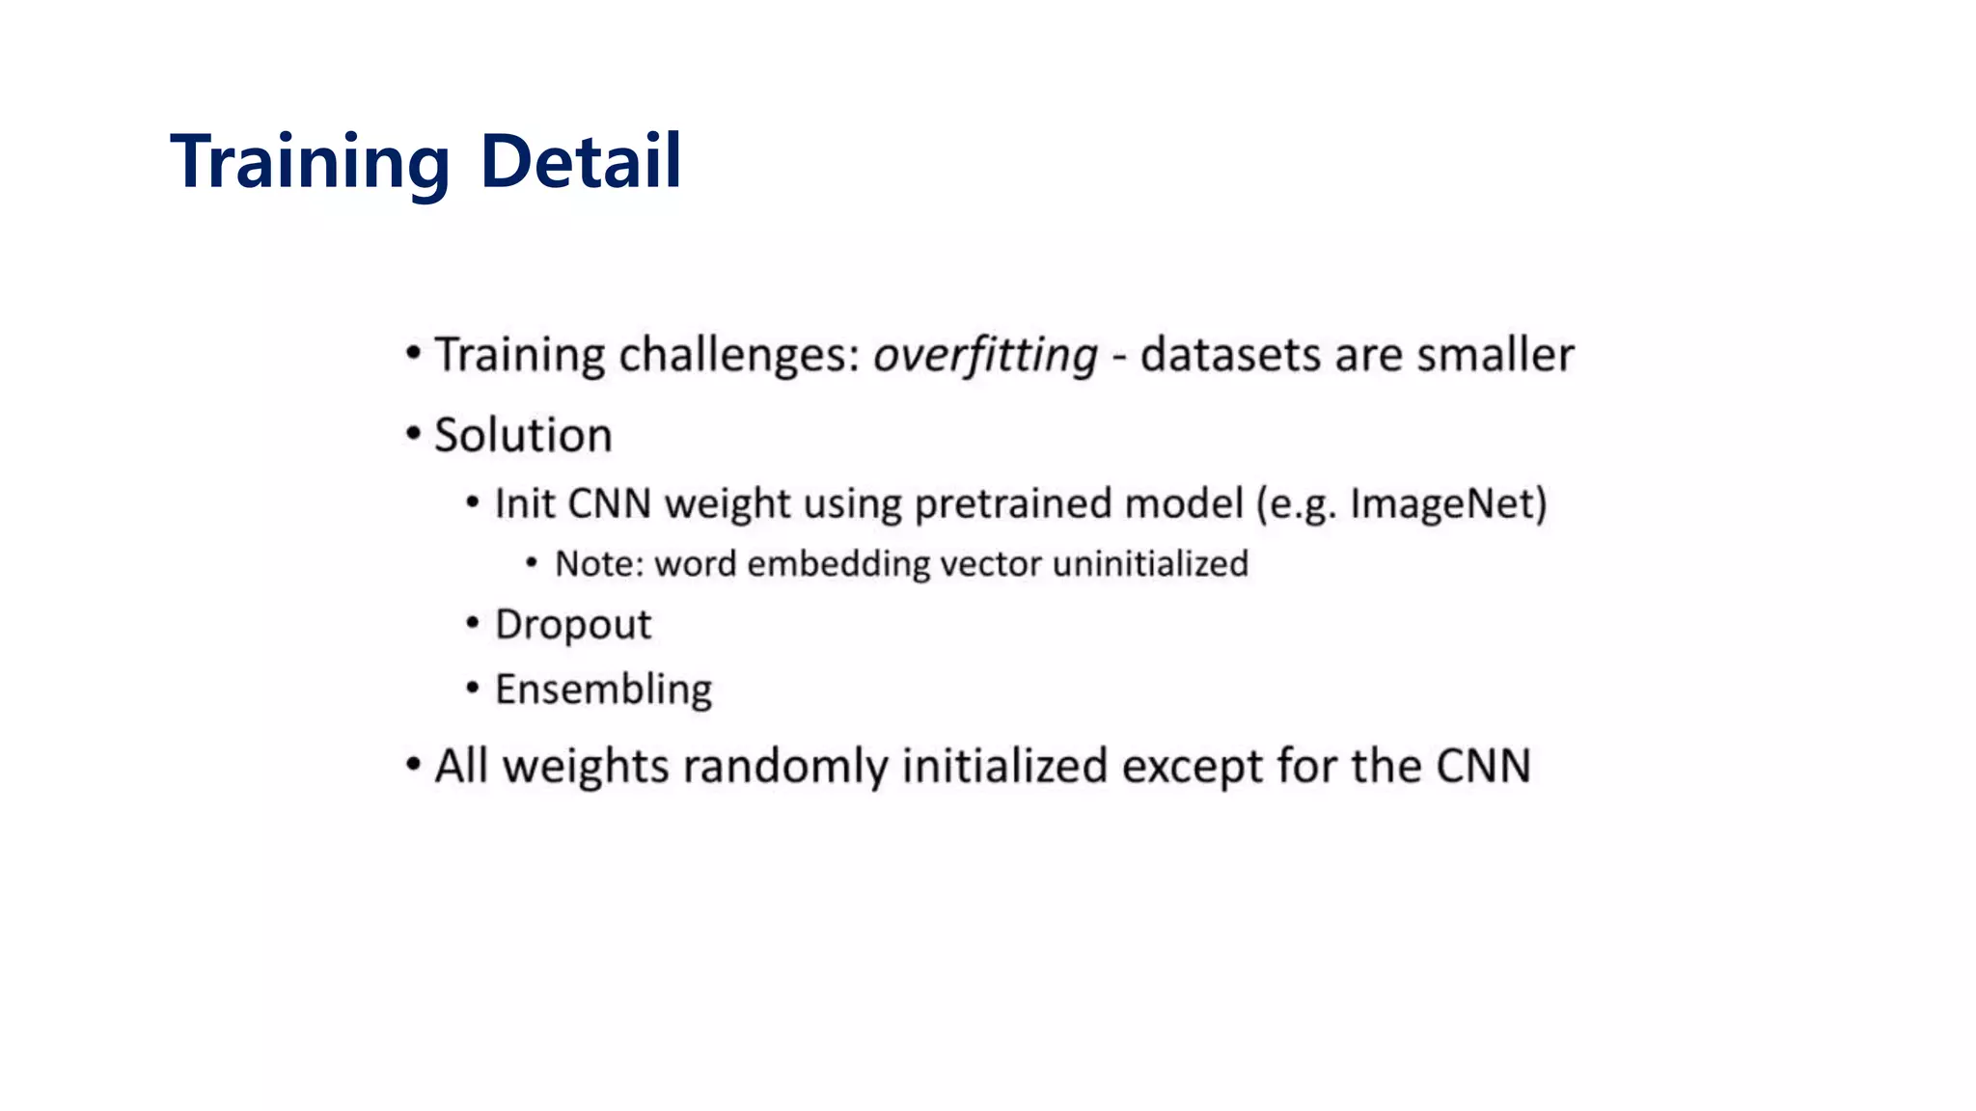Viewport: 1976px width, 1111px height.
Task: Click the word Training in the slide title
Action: click(310, 161)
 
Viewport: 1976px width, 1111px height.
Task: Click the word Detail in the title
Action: click(580, 161)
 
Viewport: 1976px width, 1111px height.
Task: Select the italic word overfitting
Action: click(985, 355)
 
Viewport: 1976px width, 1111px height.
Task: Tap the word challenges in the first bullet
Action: click(739, 355)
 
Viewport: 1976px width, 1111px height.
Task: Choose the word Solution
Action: click(523, 435)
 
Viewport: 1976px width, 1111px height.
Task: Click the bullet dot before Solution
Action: click(414, 434)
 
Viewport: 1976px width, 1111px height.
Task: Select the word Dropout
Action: click(573, 625)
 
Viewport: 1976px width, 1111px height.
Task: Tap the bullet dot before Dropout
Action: click(473, 624)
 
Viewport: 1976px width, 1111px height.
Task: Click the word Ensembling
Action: click(603, 691)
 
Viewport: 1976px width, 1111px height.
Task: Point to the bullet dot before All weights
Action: click(414, 766)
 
